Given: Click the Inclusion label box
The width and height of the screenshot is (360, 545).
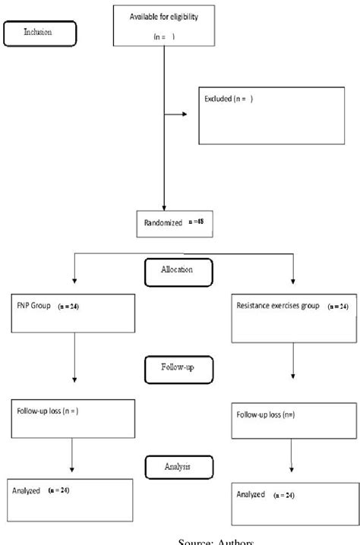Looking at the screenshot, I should pos(40,33).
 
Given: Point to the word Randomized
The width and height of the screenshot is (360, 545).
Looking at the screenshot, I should pos(161,223).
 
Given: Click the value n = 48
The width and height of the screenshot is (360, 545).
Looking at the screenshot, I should pos(196,222).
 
